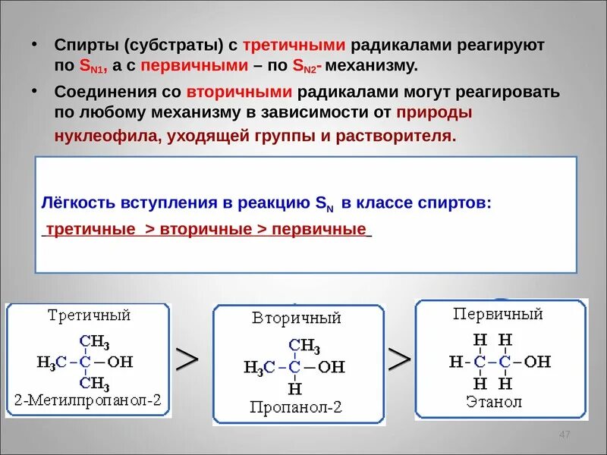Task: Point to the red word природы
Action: pos(434,113)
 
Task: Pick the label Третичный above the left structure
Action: pos(90,315)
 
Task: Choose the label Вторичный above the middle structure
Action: pos(297,318)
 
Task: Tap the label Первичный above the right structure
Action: pos(498,313)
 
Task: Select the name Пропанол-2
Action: pos(297,407)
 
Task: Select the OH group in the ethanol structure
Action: pos(537,361)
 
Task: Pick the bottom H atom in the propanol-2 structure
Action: pos(295,389)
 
